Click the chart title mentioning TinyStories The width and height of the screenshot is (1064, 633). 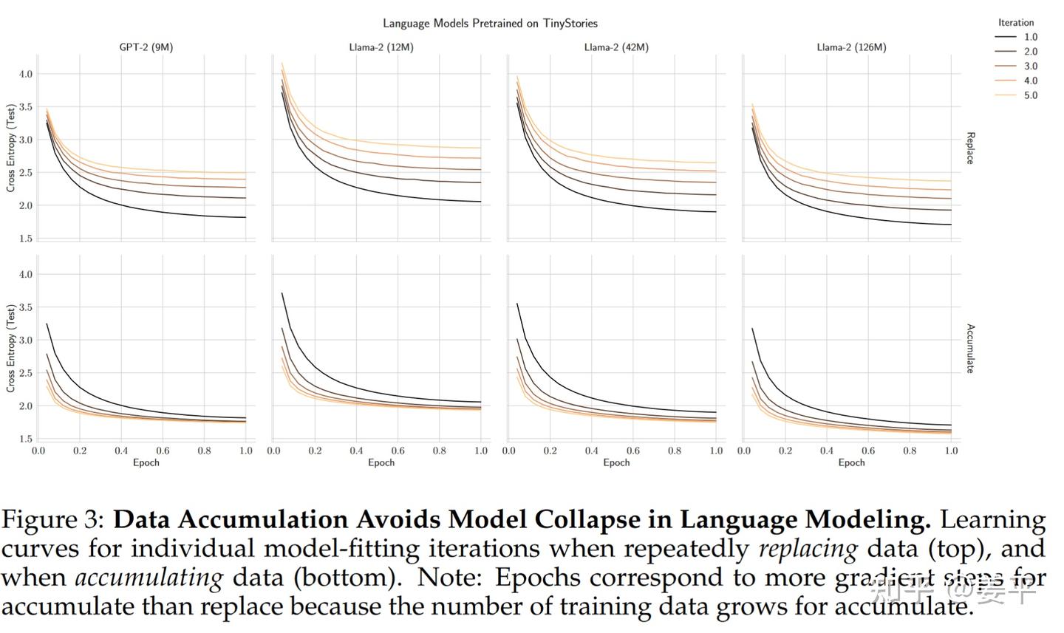tap(490, 23)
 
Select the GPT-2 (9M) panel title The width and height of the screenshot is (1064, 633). tap(146, 47)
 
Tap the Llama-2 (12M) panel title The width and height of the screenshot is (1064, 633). tap(381, 47)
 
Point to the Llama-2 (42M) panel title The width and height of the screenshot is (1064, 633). tap(616, 47)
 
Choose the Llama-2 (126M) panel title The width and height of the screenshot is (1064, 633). tap(851, 47)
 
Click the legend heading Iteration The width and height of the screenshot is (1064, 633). tap(1016, 22)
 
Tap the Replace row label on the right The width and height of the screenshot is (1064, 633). tap(971, 148)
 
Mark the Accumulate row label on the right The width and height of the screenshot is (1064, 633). tap(971, 348)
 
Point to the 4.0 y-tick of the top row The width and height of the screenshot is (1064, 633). tap(25, 74)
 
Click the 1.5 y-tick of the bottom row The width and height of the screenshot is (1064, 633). tap(25, 439)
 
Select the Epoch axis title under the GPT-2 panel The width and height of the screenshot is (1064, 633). tap(146, 462)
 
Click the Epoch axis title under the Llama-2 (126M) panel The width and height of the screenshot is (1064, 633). tap(851, 462)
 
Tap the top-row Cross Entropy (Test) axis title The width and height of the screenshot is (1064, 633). tap(10, 148)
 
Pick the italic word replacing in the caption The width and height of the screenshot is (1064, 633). tap(808, 549)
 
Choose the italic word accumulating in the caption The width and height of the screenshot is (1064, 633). tap(149, 578)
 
